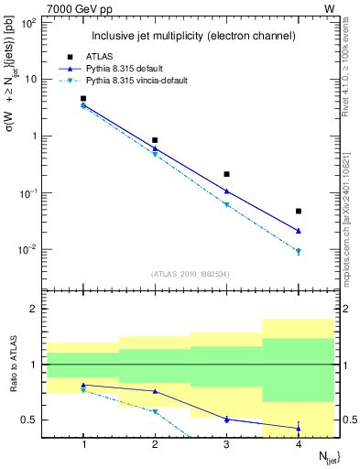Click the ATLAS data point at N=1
tap(83, 98)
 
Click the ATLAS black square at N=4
tap(299, 212)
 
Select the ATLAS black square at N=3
tap(227, 174)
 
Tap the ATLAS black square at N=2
tap(155, 140)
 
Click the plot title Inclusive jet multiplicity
tap(192, 36)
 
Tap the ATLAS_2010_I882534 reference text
tap(191, 273)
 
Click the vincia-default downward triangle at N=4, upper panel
tap(299, 252)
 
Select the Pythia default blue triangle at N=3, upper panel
tap(227, 191)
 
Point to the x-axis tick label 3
tap(227, 444)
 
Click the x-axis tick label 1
tap(83, 444)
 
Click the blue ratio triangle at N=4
tap(299, 428)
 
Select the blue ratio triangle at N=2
tap(155, 391)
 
